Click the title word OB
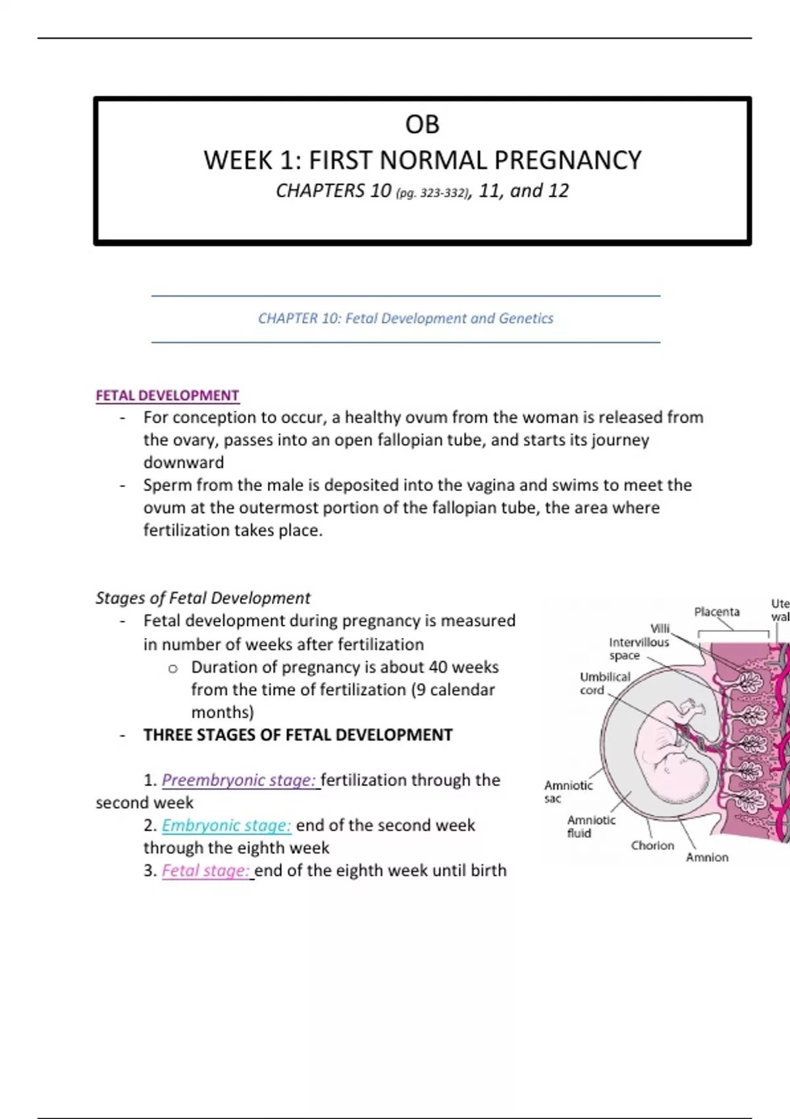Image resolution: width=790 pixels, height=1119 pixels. pos(422,124)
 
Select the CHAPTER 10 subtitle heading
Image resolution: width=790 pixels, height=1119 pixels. pos(406,319)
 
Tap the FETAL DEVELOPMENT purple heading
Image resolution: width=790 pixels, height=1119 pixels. pos(167,396)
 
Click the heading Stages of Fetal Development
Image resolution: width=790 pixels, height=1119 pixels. pos(203,598)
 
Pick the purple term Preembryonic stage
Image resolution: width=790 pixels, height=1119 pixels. pos(238,780)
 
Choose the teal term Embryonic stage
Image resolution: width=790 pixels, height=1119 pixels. pos(226,825)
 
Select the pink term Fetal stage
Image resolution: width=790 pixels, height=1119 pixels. pos(205,871)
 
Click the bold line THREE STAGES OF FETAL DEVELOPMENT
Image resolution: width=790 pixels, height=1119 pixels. pos(298,735)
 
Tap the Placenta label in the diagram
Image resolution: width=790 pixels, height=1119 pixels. pos(716,612)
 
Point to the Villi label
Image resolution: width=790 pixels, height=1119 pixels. pos(660,629)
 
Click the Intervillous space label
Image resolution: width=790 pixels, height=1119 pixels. pos(638,648)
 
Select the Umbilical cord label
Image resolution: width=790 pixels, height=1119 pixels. pos(604,683)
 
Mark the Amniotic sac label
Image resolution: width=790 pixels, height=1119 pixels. pos(567,792)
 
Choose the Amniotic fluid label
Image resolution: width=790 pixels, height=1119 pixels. pos(591,826)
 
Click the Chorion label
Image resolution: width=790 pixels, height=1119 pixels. pos(652,845)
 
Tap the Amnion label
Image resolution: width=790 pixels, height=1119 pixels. pos(707,857)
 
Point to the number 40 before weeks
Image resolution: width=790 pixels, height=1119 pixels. pos(438,667)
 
